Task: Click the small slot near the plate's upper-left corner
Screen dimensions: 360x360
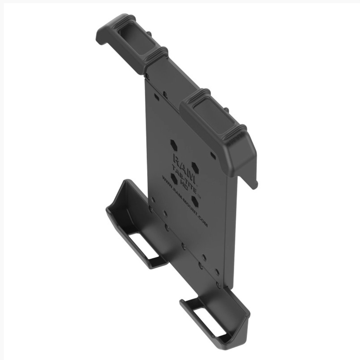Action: click(x=156, y=96)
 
